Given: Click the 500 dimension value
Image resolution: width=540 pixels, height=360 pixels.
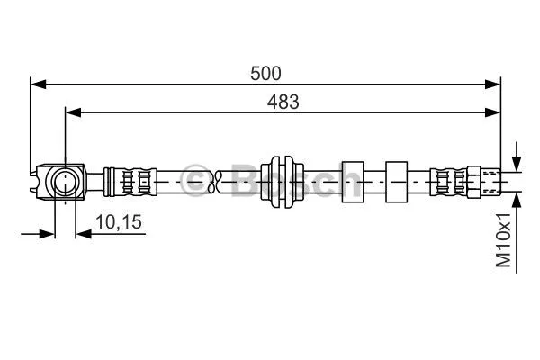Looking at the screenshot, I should pos(266,73).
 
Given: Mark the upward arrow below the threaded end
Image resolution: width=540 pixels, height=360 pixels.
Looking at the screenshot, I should pos(516,204).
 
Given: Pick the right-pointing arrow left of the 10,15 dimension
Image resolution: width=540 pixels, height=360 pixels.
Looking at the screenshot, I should pos(47,234).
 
